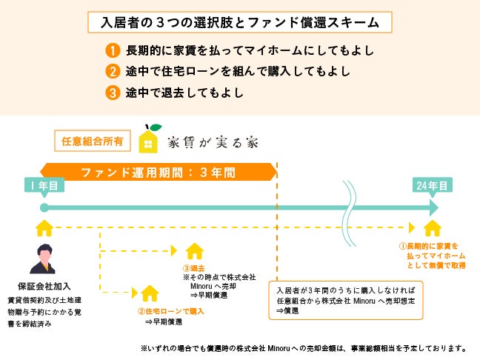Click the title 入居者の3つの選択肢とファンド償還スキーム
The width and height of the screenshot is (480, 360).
coord(239,22)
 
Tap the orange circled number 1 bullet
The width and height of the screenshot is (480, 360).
coord(112,51)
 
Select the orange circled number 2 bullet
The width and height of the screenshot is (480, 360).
coord(112,73)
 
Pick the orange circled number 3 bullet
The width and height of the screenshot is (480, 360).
coord(112,94)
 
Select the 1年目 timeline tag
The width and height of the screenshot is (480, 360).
coord(44,186)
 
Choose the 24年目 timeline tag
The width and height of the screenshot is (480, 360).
coord(431,186)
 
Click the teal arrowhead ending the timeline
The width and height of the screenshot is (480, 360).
coord(432,207)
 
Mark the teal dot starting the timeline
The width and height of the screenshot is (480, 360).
coord(44,207)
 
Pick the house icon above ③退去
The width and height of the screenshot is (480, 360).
coord(194,250)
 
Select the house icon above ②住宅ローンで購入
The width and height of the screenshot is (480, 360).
coord(150,293)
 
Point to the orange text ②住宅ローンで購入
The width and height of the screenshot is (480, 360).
coord(171,311)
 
